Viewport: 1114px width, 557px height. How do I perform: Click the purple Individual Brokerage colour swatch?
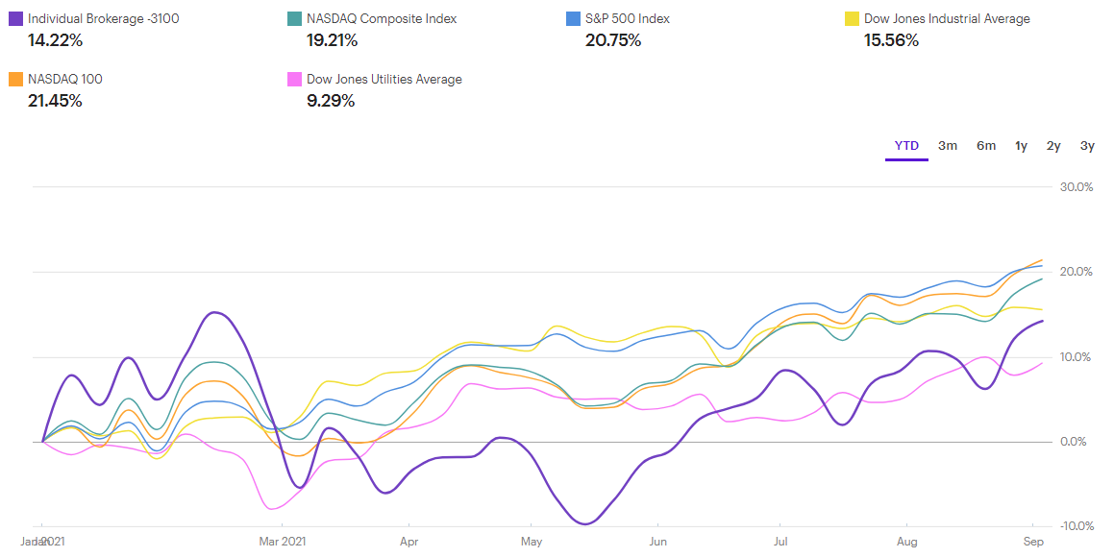click(15, 18)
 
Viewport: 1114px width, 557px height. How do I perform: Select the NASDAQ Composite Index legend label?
click(382, 18)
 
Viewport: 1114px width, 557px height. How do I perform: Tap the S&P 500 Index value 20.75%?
click(613, 40)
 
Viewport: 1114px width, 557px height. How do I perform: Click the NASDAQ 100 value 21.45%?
click(55, 101)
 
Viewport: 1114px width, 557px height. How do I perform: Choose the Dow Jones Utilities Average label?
click(384, 79)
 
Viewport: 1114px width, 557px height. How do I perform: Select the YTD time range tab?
click(906, 146)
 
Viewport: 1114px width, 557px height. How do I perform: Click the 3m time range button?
click(948, 146)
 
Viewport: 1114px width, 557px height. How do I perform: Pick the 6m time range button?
click(986, 146)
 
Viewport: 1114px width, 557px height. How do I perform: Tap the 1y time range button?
click(1021, 146)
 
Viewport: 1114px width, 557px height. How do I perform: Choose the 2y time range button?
click(1053, 146)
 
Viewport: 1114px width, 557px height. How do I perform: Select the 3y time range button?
click(1087, 146)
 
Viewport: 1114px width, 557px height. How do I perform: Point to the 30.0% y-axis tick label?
click(1076, 187)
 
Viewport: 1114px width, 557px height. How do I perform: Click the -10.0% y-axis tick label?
click(1075, 526)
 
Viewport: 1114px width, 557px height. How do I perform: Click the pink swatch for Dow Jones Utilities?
click(294, 79)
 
